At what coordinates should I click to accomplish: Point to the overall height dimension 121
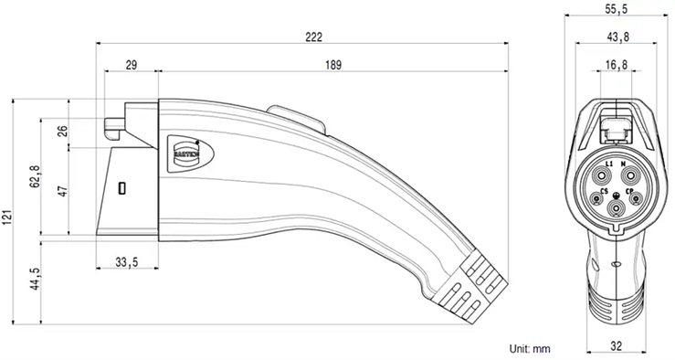pos(8,216)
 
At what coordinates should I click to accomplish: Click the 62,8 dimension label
pos(35,175)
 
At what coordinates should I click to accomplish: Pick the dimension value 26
pos(61,131)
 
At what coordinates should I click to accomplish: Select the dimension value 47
pos(61,192)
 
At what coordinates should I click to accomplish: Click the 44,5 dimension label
pos(35,278)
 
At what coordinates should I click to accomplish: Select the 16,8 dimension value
pos(617,66)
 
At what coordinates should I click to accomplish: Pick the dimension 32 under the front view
pos(617,347)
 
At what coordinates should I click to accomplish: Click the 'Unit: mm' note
pos(530,348)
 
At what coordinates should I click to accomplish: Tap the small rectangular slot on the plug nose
pos(121,189)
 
